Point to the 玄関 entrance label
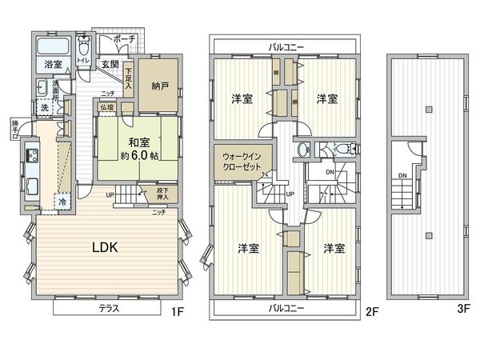tap(110, 64)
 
